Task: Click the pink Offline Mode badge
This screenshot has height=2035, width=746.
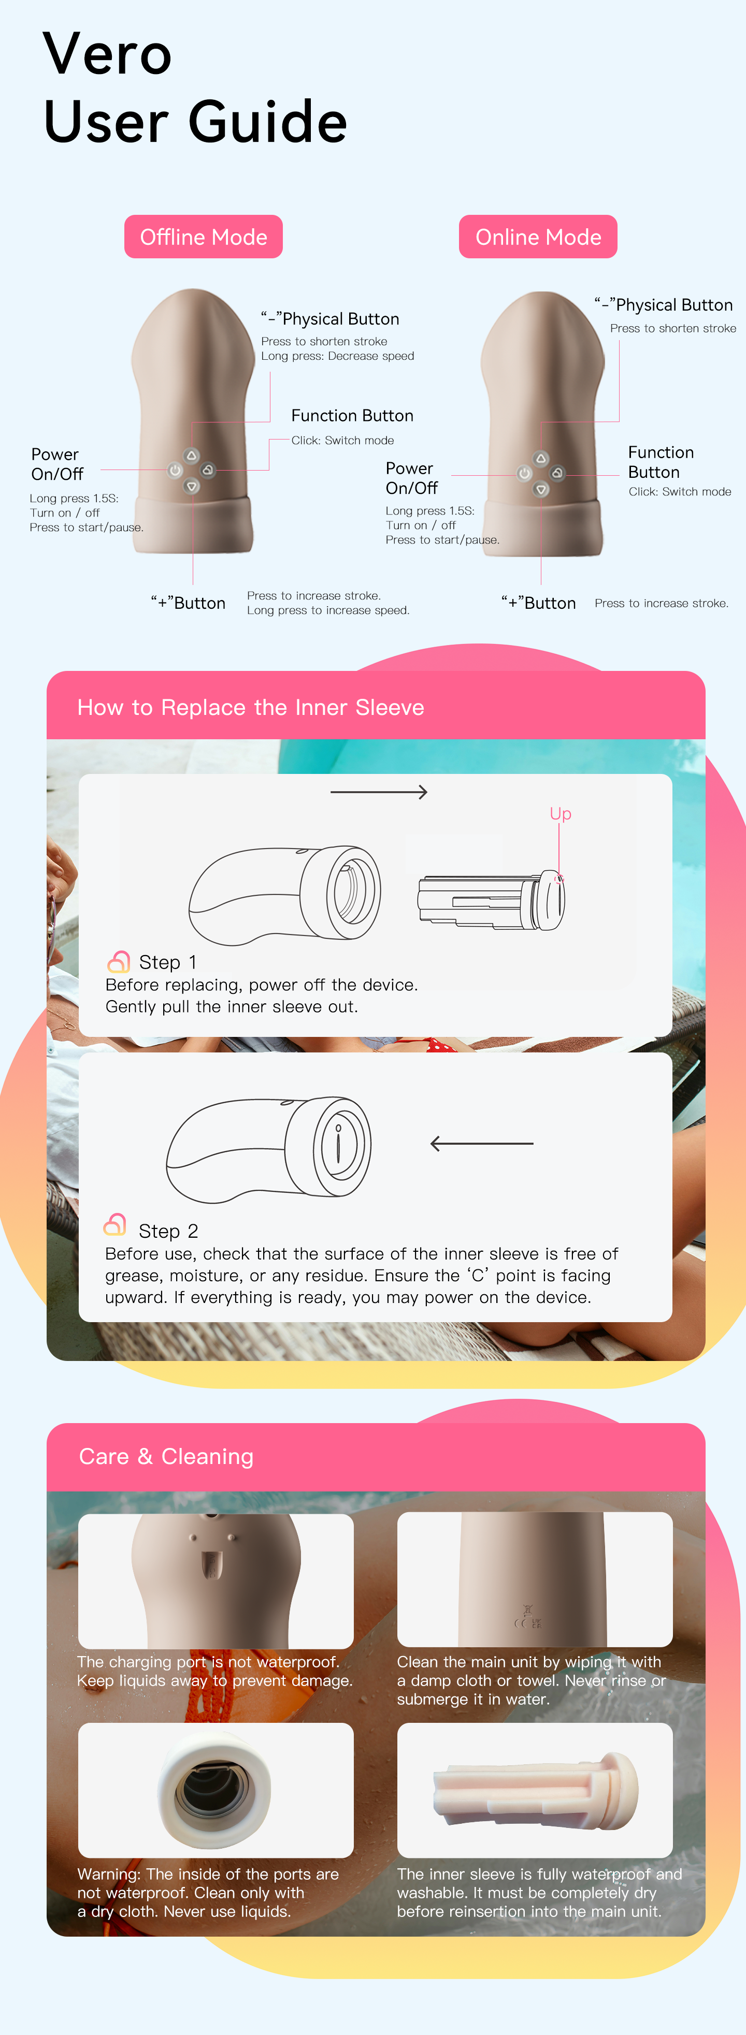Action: [203, 236]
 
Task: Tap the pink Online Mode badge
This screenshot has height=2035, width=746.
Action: [538, 236]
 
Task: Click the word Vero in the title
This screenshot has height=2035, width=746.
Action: [107, 54]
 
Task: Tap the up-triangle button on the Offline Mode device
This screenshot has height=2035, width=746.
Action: [191, 456]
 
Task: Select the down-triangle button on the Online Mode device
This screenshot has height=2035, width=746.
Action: [541, 489]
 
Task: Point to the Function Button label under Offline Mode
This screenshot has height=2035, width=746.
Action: [352, 416]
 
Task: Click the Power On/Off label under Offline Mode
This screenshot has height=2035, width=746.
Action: [57, 464]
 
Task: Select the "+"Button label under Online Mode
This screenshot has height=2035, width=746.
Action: [539, 603]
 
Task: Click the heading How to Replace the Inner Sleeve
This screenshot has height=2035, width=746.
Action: [251, 707]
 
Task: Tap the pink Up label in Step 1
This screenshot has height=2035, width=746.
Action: [561, 814]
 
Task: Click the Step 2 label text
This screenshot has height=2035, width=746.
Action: [168, 1231]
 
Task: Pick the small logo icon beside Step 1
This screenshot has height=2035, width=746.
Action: [119, 961]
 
